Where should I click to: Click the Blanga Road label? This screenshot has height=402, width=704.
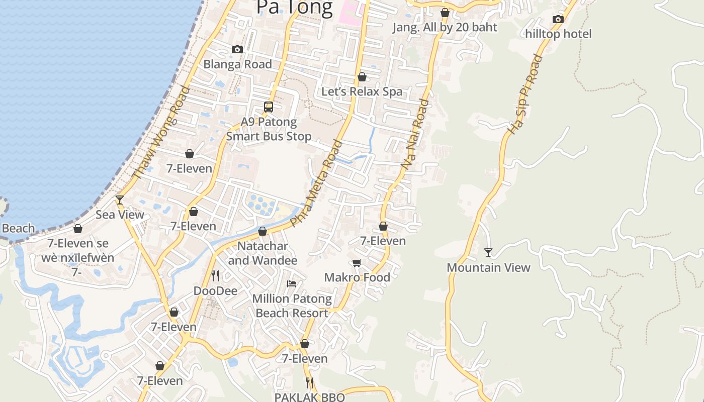pos(237,64)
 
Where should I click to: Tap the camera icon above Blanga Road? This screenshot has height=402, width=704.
pos(237,49)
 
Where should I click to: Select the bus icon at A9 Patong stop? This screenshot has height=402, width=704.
pos(269,107)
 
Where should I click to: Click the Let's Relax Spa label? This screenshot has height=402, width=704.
pos(362,91)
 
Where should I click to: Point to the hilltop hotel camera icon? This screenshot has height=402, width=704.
pos(558,19)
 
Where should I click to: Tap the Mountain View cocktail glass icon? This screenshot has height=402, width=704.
pos(488,252)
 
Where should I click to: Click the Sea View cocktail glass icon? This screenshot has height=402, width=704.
pos(120,199)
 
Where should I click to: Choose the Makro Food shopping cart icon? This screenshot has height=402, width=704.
pos(357,263)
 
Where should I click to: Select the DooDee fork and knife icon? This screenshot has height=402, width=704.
pos(215,275)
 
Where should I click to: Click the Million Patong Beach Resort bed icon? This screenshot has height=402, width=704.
pos(291,284)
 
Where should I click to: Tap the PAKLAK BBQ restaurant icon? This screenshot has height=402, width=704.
pos(310,383)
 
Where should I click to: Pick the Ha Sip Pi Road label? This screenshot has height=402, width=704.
pos(525,94)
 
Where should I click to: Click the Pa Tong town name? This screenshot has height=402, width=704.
pos(294,8)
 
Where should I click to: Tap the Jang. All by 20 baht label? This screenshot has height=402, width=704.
pos(445,27)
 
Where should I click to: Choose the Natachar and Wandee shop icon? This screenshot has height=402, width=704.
pos(262,231)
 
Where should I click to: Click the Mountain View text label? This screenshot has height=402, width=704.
pos(488,267)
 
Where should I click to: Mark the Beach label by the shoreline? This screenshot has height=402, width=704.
pos(18,228)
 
